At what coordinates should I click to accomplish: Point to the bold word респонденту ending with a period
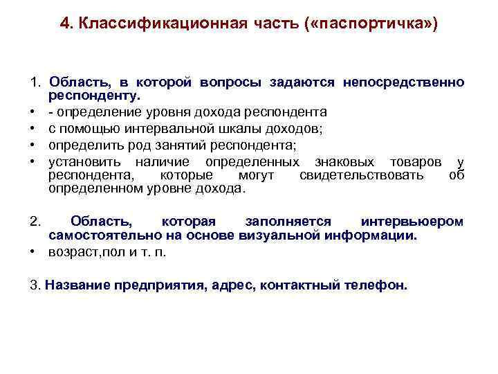(x=94, y=95)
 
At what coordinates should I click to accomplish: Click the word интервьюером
(x=412, y=222)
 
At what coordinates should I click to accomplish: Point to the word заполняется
(x=288, y=222)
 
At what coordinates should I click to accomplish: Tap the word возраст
(x=73, y=251)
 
